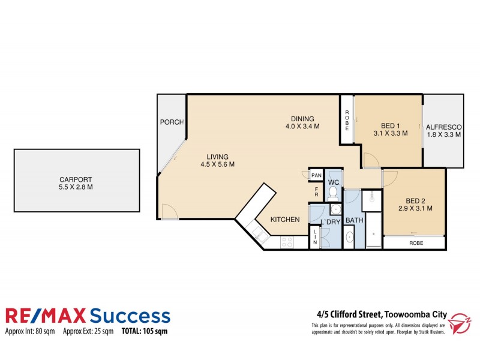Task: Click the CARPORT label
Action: tap(76, 179)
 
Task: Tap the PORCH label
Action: tap(171, 122)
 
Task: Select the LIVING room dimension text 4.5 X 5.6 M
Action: tap(217, 164)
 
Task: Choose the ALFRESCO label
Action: tap(443, 127)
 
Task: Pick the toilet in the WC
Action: tap(334, 192)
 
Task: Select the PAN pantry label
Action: tap(316, 175)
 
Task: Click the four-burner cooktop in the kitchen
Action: tap(286, 242)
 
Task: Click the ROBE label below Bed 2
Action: tap(415, 244)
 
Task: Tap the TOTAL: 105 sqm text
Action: tap(145, 331)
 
